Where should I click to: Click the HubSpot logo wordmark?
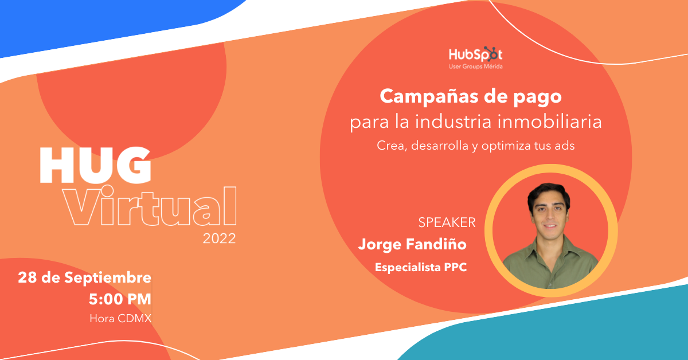475,54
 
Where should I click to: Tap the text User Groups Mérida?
476,66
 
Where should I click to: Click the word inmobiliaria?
549,121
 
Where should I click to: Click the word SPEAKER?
447,222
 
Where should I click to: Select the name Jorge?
380,245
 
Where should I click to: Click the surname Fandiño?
436,244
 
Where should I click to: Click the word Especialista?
408,267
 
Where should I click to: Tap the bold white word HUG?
95,165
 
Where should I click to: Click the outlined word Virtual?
150,206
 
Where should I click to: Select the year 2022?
219,238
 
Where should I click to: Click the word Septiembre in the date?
108,278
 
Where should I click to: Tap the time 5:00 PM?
120,299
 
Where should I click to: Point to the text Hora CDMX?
120,318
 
